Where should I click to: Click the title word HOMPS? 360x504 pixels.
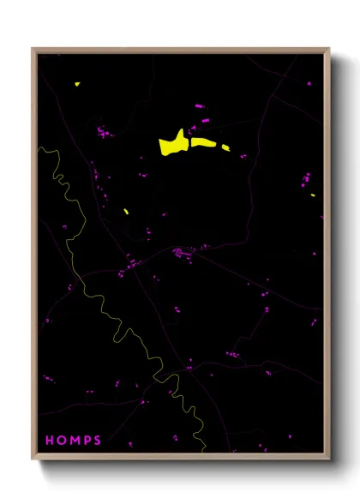pyautogui.click(x=73, y=441)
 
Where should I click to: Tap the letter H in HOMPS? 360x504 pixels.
pyautogui.click(x=50, y=441)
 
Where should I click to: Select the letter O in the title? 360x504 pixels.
pyautogui.click(x=62, y=441)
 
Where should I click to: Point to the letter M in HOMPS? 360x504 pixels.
pyautogui.click(x=75, y=441)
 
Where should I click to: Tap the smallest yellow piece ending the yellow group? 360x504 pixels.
pyautogui.click(x=225, y=147)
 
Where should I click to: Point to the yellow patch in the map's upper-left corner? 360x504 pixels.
pyautogui.click(x=77, y=84)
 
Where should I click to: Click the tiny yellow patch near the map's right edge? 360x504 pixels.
pyautogui.click(x=313, y=195)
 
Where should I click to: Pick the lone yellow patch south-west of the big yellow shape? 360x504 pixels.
pyautogui.click(x=126, y=211)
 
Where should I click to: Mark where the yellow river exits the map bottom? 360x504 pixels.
pyautogui.click(x=202, y=451)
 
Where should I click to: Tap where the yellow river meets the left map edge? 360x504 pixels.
pyautogui.click(x=39, y=147)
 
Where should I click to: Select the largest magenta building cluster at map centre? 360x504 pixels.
pyautogui.click(x=182, y=252)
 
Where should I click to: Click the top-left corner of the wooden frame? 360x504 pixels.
pyautogui.click(x=33, y=50)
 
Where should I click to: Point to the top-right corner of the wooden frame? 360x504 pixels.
pyautogui.click(x=328, y=50)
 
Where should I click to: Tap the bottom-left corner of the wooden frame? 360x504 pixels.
pyautogui.click(x=33, y=460)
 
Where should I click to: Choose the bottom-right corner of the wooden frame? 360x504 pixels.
pyautogui.click(x=328, y=460)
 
